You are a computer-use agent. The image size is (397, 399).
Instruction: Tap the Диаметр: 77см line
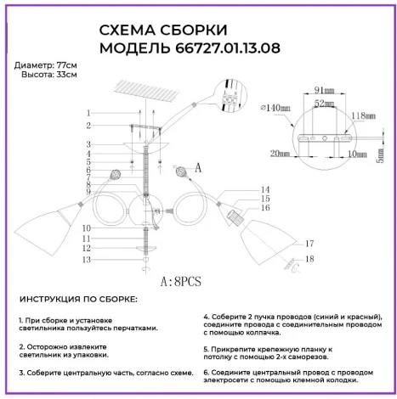coord(46,66)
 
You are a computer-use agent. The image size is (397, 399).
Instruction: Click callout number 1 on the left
coord(88,113)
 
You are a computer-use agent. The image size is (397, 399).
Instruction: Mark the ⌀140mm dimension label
coord(276,107)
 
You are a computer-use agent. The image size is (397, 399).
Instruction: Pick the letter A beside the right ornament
coord(198,168)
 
